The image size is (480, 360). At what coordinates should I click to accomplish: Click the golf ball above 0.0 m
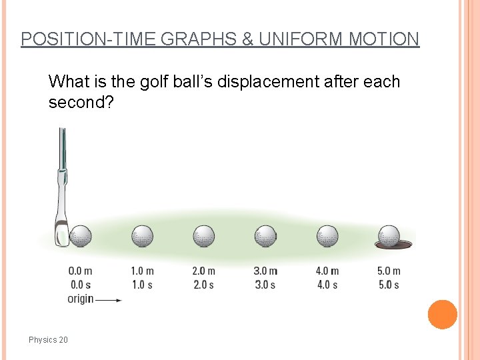[81, 236]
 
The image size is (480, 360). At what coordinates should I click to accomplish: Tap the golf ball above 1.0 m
[142, 236]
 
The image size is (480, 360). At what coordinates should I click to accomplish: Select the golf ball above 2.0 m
[203, 236]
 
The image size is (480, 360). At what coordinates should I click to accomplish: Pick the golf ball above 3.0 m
[265, 236]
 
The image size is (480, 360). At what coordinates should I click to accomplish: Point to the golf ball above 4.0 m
[327, 236]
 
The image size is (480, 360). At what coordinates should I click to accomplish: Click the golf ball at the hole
[389, 236]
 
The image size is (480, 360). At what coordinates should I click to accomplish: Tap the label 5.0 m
[389, 271]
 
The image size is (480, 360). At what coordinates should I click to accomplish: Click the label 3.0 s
[265, 285]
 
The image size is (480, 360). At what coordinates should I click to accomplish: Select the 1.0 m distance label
[142, 271]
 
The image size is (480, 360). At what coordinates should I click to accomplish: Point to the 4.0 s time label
[327, 285]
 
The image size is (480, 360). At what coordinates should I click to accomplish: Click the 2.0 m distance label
[203, 271]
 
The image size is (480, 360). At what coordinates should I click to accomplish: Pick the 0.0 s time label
[80, 285]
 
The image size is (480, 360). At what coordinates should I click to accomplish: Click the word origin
[80, 299]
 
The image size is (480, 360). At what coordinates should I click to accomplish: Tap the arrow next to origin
[109, 300]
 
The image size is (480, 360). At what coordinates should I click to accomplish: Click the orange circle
[442, 314]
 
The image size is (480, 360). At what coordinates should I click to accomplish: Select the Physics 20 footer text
[48, 340]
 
